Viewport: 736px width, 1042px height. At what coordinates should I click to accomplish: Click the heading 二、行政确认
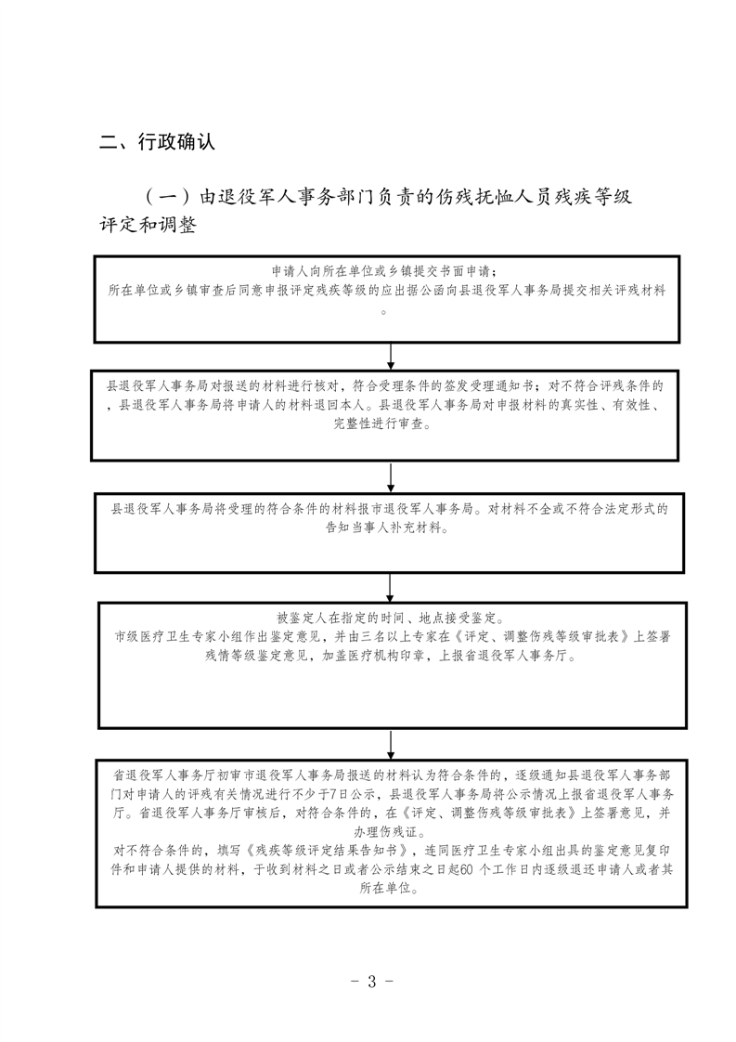(157, 142)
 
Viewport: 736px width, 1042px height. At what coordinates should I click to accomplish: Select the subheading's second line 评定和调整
(148, 226)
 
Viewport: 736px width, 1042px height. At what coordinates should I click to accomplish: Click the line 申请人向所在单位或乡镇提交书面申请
(389, 271)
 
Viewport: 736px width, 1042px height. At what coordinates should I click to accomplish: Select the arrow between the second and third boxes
(391, 475)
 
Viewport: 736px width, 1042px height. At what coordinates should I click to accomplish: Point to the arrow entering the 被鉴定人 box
(391, 587)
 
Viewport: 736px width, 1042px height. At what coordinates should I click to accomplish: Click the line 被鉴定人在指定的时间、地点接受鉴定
(389, 617)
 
